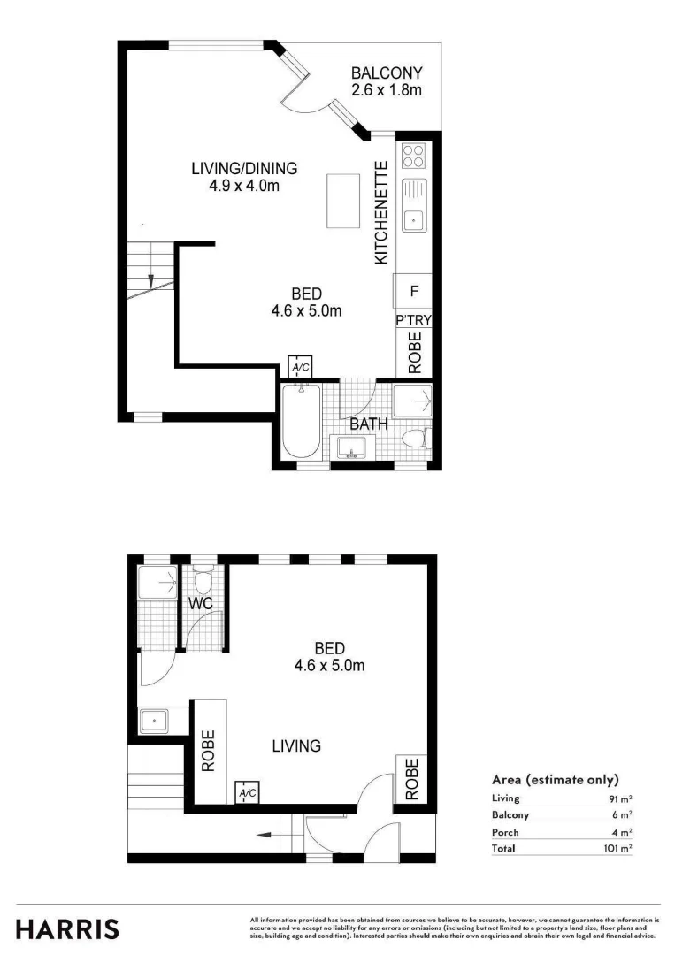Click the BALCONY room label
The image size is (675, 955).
click(387, 73)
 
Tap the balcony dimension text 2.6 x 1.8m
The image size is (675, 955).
click(387, 89)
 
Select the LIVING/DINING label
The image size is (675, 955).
click(244, 169)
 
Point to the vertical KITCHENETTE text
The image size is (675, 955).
click(381, 213)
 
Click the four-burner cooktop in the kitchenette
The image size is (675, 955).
click(413, 156)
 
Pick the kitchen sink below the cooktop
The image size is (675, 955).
click(413, 202)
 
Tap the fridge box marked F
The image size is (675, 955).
click(412, 289)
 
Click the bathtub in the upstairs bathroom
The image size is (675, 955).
click(302, 421)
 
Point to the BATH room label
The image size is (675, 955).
click(369, 424)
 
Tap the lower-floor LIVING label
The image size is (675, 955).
click(295, 746)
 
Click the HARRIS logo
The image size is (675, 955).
click(67, 928)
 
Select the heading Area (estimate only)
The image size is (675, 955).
click(555, 780)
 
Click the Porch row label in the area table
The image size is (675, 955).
click(505, 832)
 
